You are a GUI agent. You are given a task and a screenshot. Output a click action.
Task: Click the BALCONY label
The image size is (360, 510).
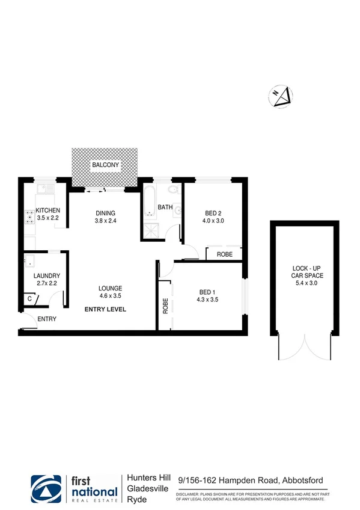[x=105, y=165]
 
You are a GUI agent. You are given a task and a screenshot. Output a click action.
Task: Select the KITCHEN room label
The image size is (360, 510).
[x=47, y=210]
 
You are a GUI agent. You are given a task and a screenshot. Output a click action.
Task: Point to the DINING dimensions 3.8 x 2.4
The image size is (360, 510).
[x=105, y=221]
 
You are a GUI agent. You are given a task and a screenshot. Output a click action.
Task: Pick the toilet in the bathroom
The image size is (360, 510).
[x=172, y=192]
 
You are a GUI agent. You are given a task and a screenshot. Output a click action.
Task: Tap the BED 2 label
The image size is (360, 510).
[x=213, y=213]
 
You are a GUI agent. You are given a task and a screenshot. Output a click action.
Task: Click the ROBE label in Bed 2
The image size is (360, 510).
[x=225, y=254]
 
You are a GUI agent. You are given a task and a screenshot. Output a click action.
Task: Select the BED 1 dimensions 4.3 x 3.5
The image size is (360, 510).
[x=209, y=301]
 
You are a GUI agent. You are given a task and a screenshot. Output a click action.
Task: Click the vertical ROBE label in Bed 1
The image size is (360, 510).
[x=164, y=307]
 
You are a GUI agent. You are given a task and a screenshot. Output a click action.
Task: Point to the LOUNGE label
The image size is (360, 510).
[x=111, y=288]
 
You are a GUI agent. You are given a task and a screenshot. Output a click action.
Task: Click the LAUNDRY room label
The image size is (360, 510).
[x=46, y=276]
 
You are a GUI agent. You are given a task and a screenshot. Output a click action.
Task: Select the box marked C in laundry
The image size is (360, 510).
[x=29, y=298]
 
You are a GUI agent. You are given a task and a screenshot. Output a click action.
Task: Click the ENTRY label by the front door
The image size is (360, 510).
[x=46, y=319]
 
